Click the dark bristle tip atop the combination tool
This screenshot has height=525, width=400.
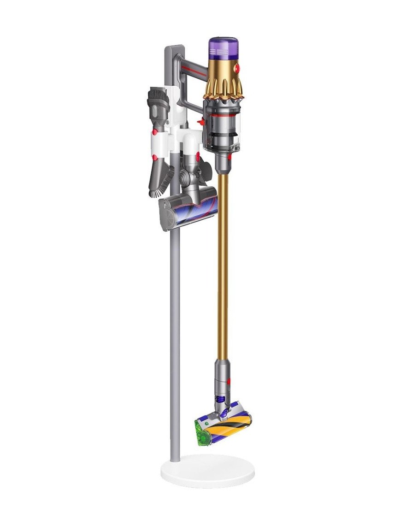point(158,96)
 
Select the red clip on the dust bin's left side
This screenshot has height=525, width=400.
point(201,122)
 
